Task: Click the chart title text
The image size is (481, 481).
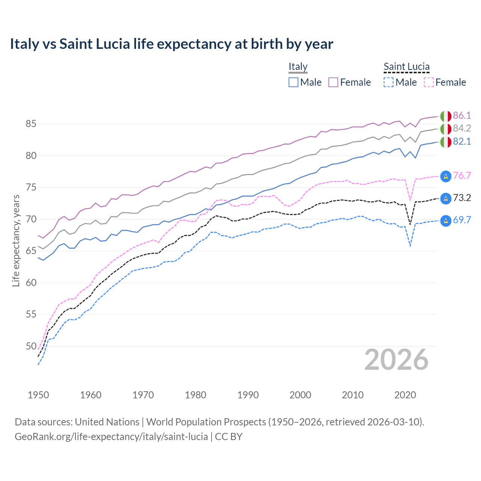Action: point(171,44)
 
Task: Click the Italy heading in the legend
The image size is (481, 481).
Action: point(298,67)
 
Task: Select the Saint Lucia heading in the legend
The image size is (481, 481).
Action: point(406,67)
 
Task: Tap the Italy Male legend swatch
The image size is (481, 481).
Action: point(293,82)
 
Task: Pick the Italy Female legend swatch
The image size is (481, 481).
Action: point(333,82)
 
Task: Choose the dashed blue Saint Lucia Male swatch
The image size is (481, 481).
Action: point(389,82)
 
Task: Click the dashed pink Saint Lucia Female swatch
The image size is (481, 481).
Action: point(429,82)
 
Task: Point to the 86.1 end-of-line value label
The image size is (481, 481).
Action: point(462,115)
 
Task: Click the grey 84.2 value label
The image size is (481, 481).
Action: point(462,128)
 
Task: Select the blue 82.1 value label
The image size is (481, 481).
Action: point(462,141)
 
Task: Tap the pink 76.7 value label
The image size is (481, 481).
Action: point(462,175)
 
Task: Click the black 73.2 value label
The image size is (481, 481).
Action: point(462,198)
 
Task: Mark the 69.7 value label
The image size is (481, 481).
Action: point(462,220)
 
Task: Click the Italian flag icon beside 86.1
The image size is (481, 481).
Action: point(446,116)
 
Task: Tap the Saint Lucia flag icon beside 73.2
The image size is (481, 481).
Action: point(446,198)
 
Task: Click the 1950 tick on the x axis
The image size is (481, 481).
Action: point(38,395)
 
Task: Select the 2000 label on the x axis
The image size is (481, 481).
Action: point(300,395)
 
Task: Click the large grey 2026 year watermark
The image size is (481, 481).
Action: point(396,360)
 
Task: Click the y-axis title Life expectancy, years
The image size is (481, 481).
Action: point(16,240)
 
